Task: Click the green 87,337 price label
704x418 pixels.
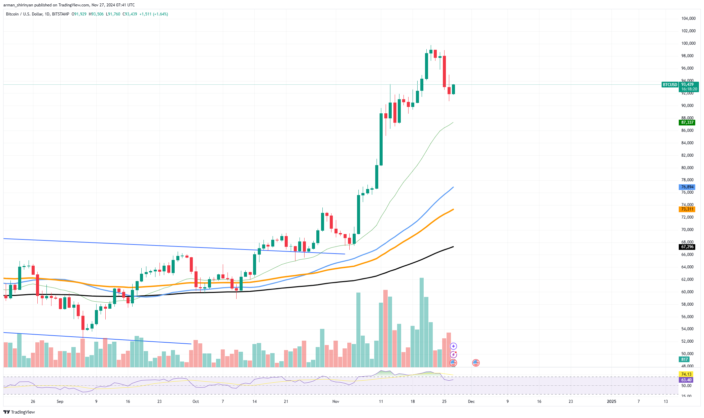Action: coord(687,122)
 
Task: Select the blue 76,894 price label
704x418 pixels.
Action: coord(687,187)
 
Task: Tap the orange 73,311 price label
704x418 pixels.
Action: coord(687,209)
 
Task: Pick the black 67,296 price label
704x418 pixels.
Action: coord(687,247)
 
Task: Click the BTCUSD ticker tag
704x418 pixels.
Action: coord(669,85)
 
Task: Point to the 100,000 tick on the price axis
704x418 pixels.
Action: coord(688,43)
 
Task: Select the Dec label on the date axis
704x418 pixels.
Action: coord(471,402)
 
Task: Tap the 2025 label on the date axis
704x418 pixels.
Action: coord(611,402)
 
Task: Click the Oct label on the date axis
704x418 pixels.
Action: coord(196,402)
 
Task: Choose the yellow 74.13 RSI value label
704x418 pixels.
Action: coord(686,374)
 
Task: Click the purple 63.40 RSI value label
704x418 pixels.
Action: coord(686,380)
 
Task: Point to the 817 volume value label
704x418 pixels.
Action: coord(684,359)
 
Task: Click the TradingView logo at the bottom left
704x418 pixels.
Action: coord(19,412)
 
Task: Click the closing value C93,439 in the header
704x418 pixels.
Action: coord(130,14)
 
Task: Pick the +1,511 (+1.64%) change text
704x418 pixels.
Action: coord(154,14)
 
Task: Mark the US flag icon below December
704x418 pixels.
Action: coord(476,363)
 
